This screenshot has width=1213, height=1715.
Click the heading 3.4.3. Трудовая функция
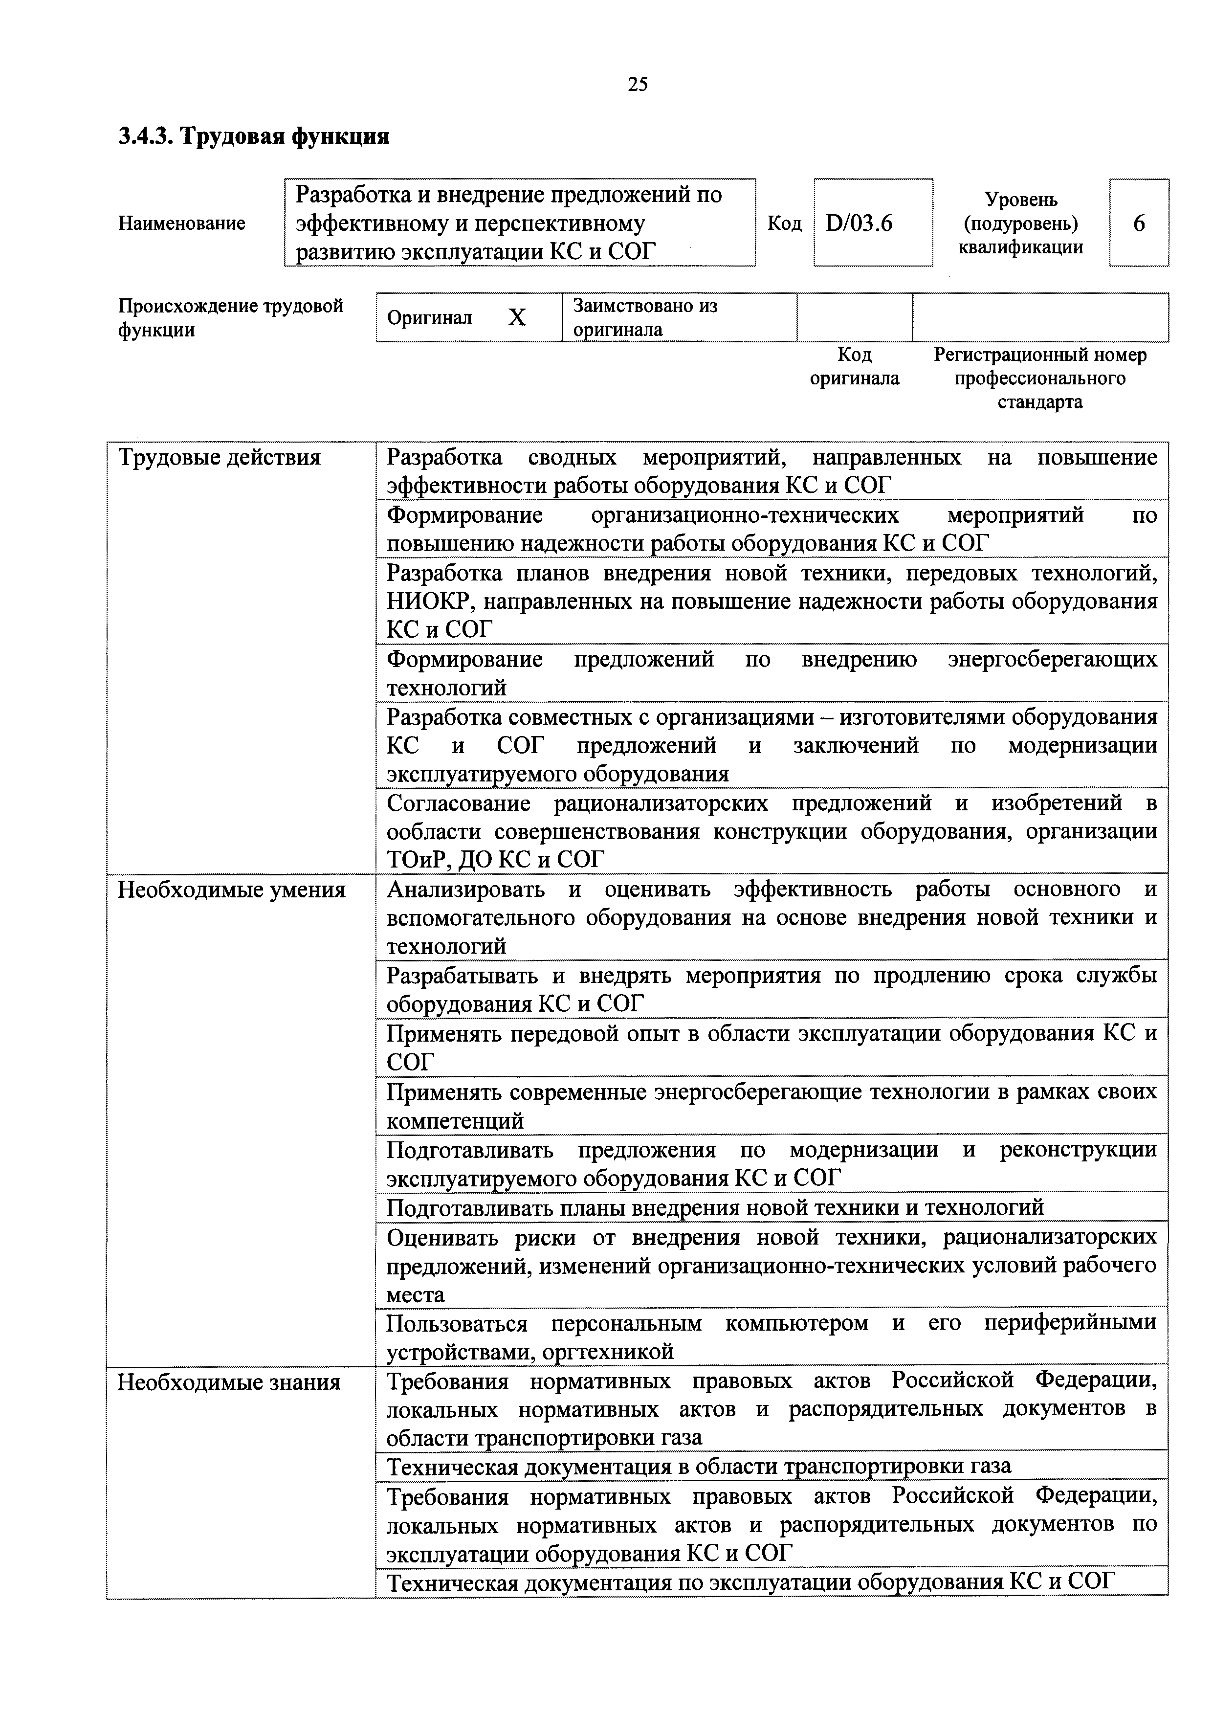click(253, 137)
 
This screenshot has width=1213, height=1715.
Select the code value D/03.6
click(859, 223)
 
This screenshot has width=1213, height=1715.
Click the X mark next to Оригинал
click(517, 318)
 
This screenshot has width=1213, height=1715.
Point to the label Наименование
click(181, 223)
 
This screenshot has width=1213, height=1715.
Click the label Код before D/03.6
click(784, 223)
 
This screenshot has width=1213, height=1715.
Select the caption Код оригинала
click(855, 366)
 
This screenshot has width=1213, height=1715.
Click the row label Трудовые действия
click(219, 457)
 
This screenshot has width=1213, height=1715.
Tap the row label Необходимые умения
click(232, 890)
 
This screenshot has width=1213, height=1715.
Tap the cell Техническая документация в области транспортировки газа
click(698, 1466)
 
